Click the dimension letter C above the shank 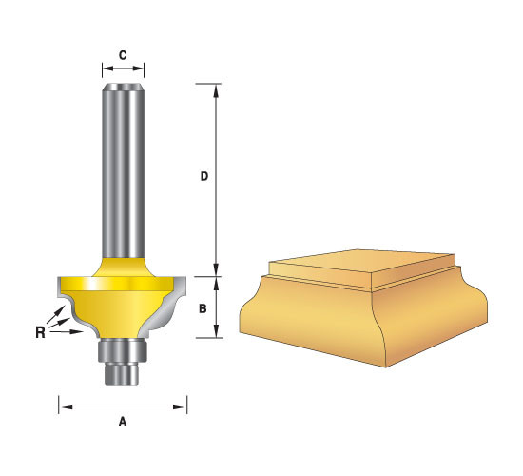pyautogui.click(x=123, y=55)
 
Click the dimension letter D pyautogui.click(x=204, y=176)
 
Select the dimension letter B pyautogui.click(x=203, y=309)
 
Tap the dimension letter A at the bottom pyautogui.click(x=123, y=422)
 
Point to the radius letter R pyautogui.click(x=40, y=332)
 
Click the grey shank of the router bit pyautogui.click(x=123, y=170)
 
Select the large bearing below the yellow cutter pyautogui.click(x=122, y=350)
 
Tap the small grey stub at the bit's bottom pyautogui.click(x=122, y=373)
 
